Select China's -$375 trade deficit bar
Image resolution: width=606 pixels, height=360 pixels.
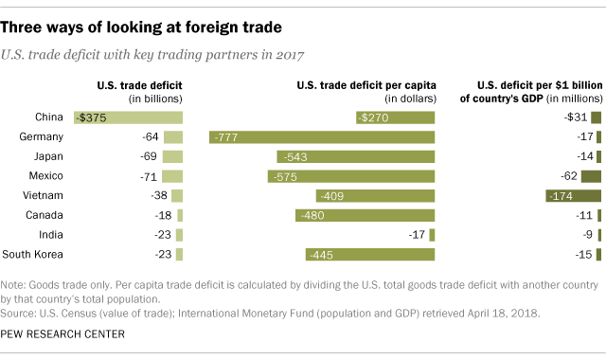[x=128, y=117]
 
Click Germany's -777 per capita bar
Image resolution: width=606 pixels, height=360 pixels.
[x=322, y=137]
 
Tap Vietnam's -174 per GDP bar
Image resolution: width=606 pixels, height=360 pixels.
[x=573, y=196]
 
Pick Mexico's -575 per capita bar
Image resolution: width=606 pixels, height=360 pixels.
[x=356, y=176]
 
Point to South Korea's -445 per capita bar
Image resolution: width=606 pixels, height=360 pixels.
[x=370, y=254]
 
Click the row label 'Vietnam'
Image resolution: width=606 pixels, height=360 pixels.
[x=45, y=196]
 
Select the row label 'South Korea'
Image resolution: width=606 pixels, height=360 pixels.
[x=33, y=254]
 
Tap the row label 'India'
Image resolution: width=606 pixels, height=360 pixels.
[x=49, y=235]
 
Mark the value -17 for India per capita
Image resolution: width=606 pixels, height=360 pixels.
[x=415, y=235]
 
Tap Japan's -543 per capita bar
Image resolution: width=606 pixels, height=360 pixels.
[x=356, y=157]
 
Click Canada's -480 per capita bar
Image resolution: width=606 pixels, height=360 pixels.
[x=365, y=215]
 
